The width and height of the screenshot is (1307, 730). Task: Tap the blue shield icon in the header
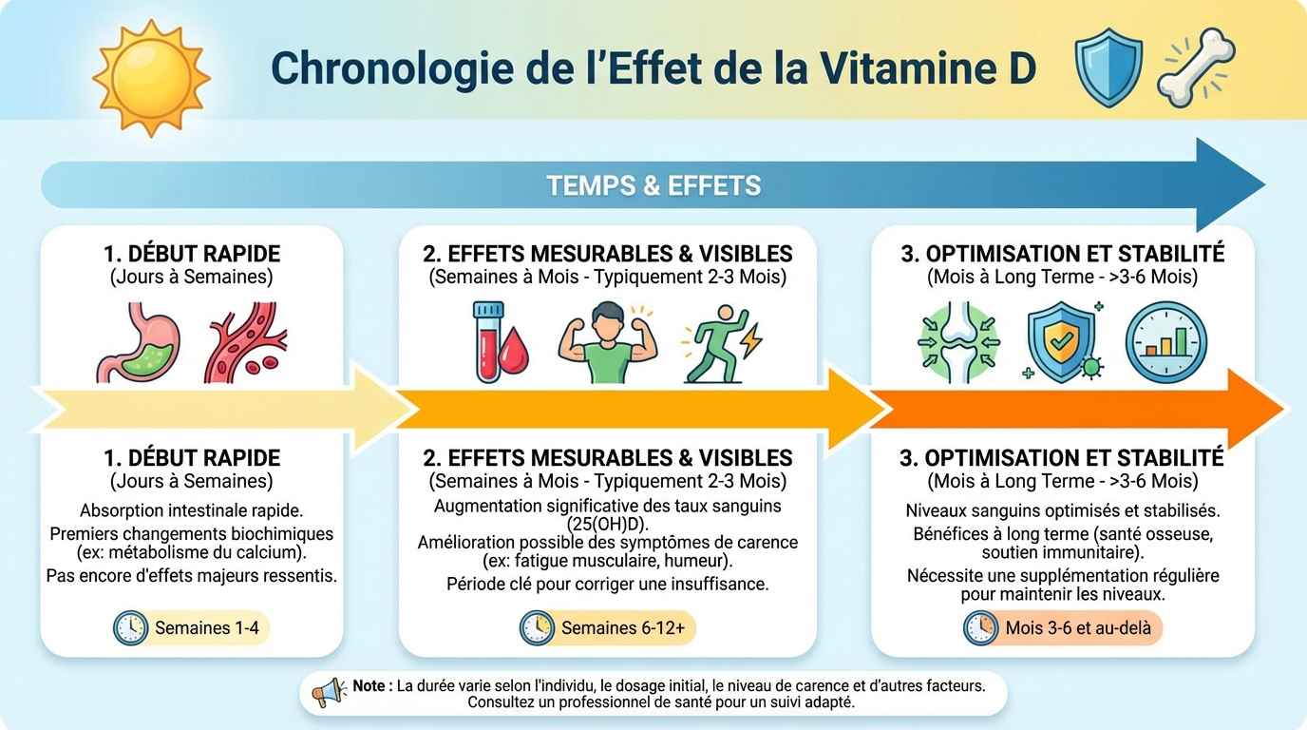1108,67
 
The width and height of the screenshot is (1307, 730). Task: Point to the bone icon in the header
1195,67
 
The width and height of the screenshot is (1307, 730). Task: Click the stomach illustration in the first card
137,342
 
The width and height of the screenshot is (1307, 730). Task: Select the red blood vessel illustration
244,342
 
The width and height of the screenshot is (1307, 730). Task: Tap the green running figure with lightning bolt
719,344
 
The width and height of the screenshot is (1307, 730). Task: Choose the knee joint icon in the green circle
959,342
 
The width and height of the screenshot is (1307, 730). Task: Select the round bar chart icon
1165,342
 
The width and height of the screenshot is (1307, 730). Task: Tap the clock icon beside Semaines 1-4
131,628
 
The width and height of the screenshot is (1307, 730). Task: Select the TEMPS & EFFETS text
653,185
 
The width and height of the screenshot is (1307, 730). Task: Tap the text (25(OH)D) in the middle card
608,523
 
